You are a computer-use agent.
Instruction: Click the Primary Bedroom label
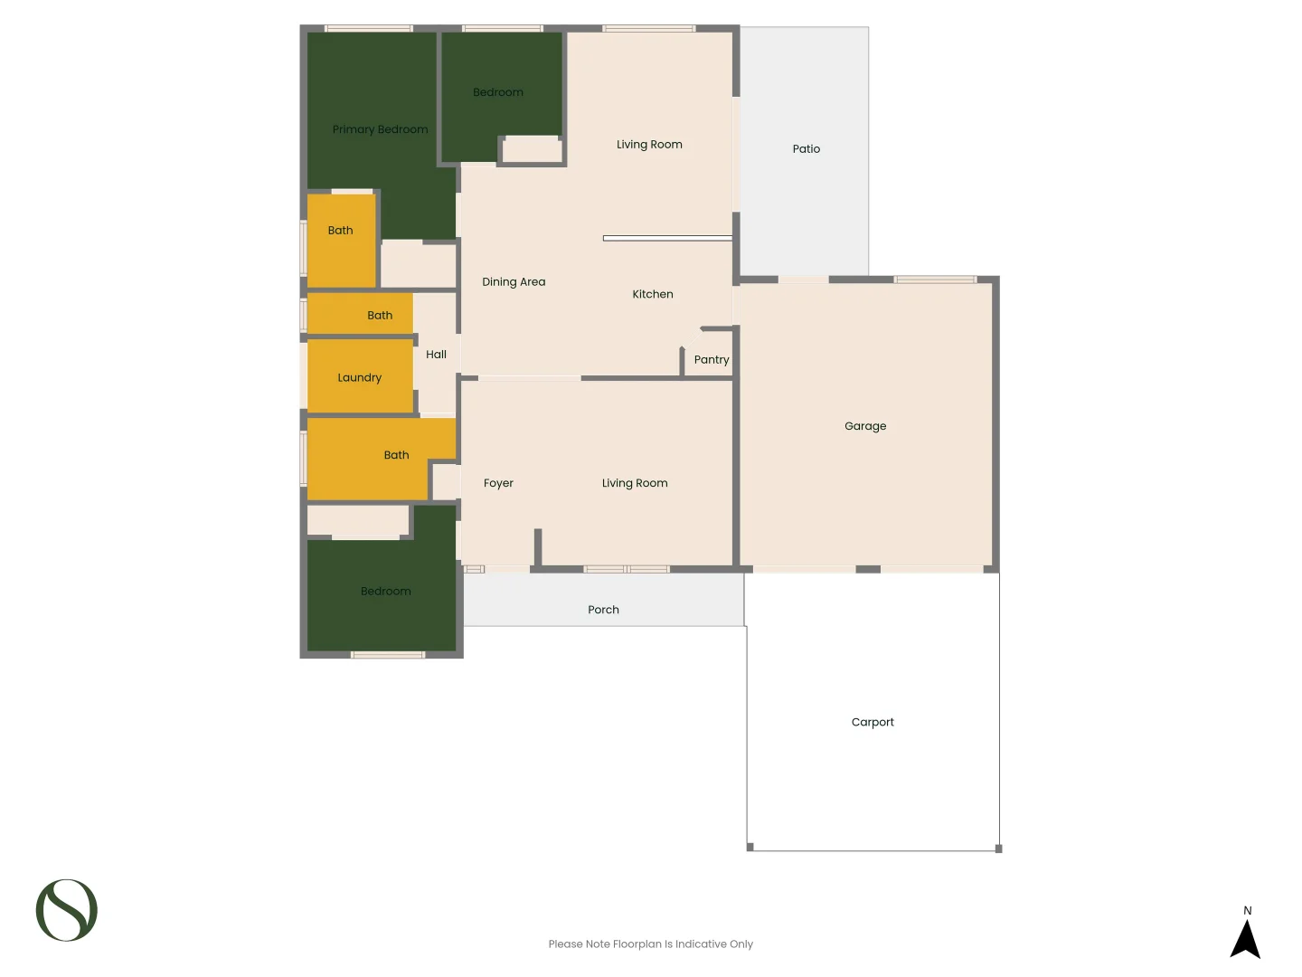click(x=380, y=129)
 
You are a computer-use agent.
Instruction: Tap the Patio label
click(x=806, y=149)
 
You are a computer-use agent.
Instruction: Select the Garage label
click(x=865, y=426)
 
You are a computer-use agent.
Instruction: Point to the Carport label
click(x=873, y=722)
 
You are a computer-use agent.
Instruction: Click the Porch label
click(x=603, y=610)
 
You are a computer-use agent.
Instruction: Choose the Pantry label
click(x=712, y=360)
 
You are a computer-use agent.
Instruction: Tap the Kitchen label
click(x=652, y=294)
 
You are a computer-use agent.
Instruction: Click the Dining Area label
click(x=514, y=282)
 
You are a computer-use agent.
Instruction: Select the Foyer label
click(x=498, y=483)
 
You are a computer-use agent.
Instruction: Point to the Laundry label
click(x=359, y=378)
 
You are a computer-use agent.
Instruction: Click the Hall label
click(x=436, y=355)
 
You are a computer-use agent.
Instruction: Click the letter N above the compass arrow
click(x=1248, y=911)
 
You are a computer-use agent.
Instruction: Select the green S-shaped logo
click(x=67, y=910)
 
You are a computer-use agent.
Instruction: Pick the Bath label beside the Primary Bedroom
click(x=340, y=231)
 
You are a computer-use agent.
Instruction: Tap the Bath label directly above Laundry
click(x=380, y=316)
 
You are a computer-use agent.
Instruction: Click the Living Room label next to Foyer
click(x=635, y=483)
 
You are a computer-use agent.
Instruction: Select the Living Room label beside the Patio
click(x=649, y=145)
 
